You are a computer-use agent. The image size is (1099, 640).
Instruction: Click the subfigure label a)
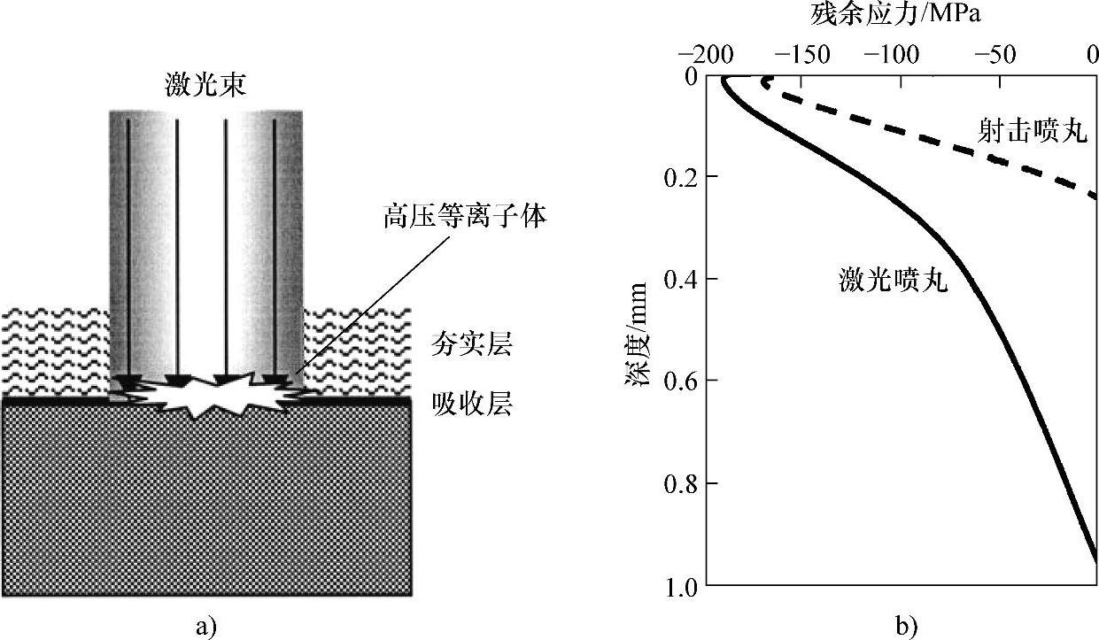(205, 627)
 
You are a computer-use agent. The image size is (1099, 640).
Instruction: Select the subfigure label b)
(906, 627)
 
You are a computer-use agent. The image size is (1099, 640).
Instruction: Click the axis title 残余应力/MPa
(900, 15)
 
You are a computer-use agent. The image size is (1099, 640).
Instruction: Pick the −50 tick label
(996, 55)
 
